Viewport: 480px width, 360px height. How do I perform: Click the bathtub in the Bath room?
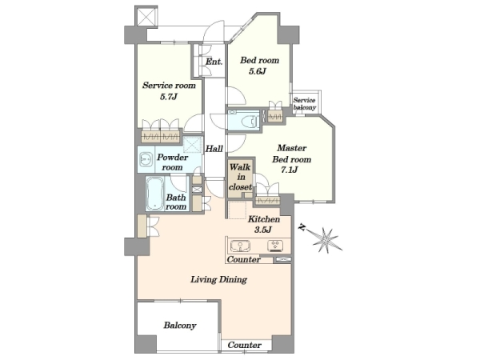tap(154, 194)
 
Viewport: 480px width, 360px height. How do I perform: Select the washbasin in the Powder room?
tap(146, 159)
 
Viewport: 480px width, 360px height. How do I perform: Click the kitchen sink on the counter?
tap(240, 246)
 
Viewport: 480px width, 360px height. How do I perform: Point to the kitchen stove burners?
tap(275, 246)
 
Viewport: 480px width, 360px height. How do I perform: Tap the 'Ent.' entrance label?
tap(214, 62)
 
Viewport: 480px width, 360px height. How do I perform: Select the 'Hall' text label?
tap(214, 149)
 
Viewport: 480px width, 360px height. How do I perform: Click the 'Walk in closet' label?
tap(241, 177)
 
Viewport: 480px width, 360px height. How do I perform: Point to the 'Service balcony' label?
tap(304, 104)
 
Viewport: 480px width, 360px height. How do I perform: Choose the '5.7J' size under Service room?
tap(168, 97)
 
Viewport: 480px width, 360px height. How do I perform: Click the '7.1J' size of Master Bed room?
tap(290, 170)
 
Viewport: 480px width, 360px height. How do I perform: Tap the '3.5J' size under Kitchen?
tap(263, 230)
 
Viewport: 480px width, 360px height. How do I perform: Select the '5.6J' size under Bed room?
tap(257, 72)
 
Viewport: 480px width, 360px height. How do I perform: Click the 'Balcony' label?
tap(180, 325)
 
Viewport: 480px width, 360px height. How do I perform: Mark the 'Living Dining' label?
tap(219, 279)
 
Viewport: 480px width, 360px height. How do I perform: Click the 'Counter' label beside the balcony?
tap(245, 346)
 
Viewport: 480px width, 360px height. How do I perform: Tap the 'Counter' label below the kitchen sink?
tap(244, 259)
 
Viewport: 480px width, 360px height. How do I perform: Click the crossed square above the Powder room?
tap(193, 145)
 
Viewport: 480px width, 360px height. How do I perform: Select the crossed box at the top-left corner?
tap(146, 17)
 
